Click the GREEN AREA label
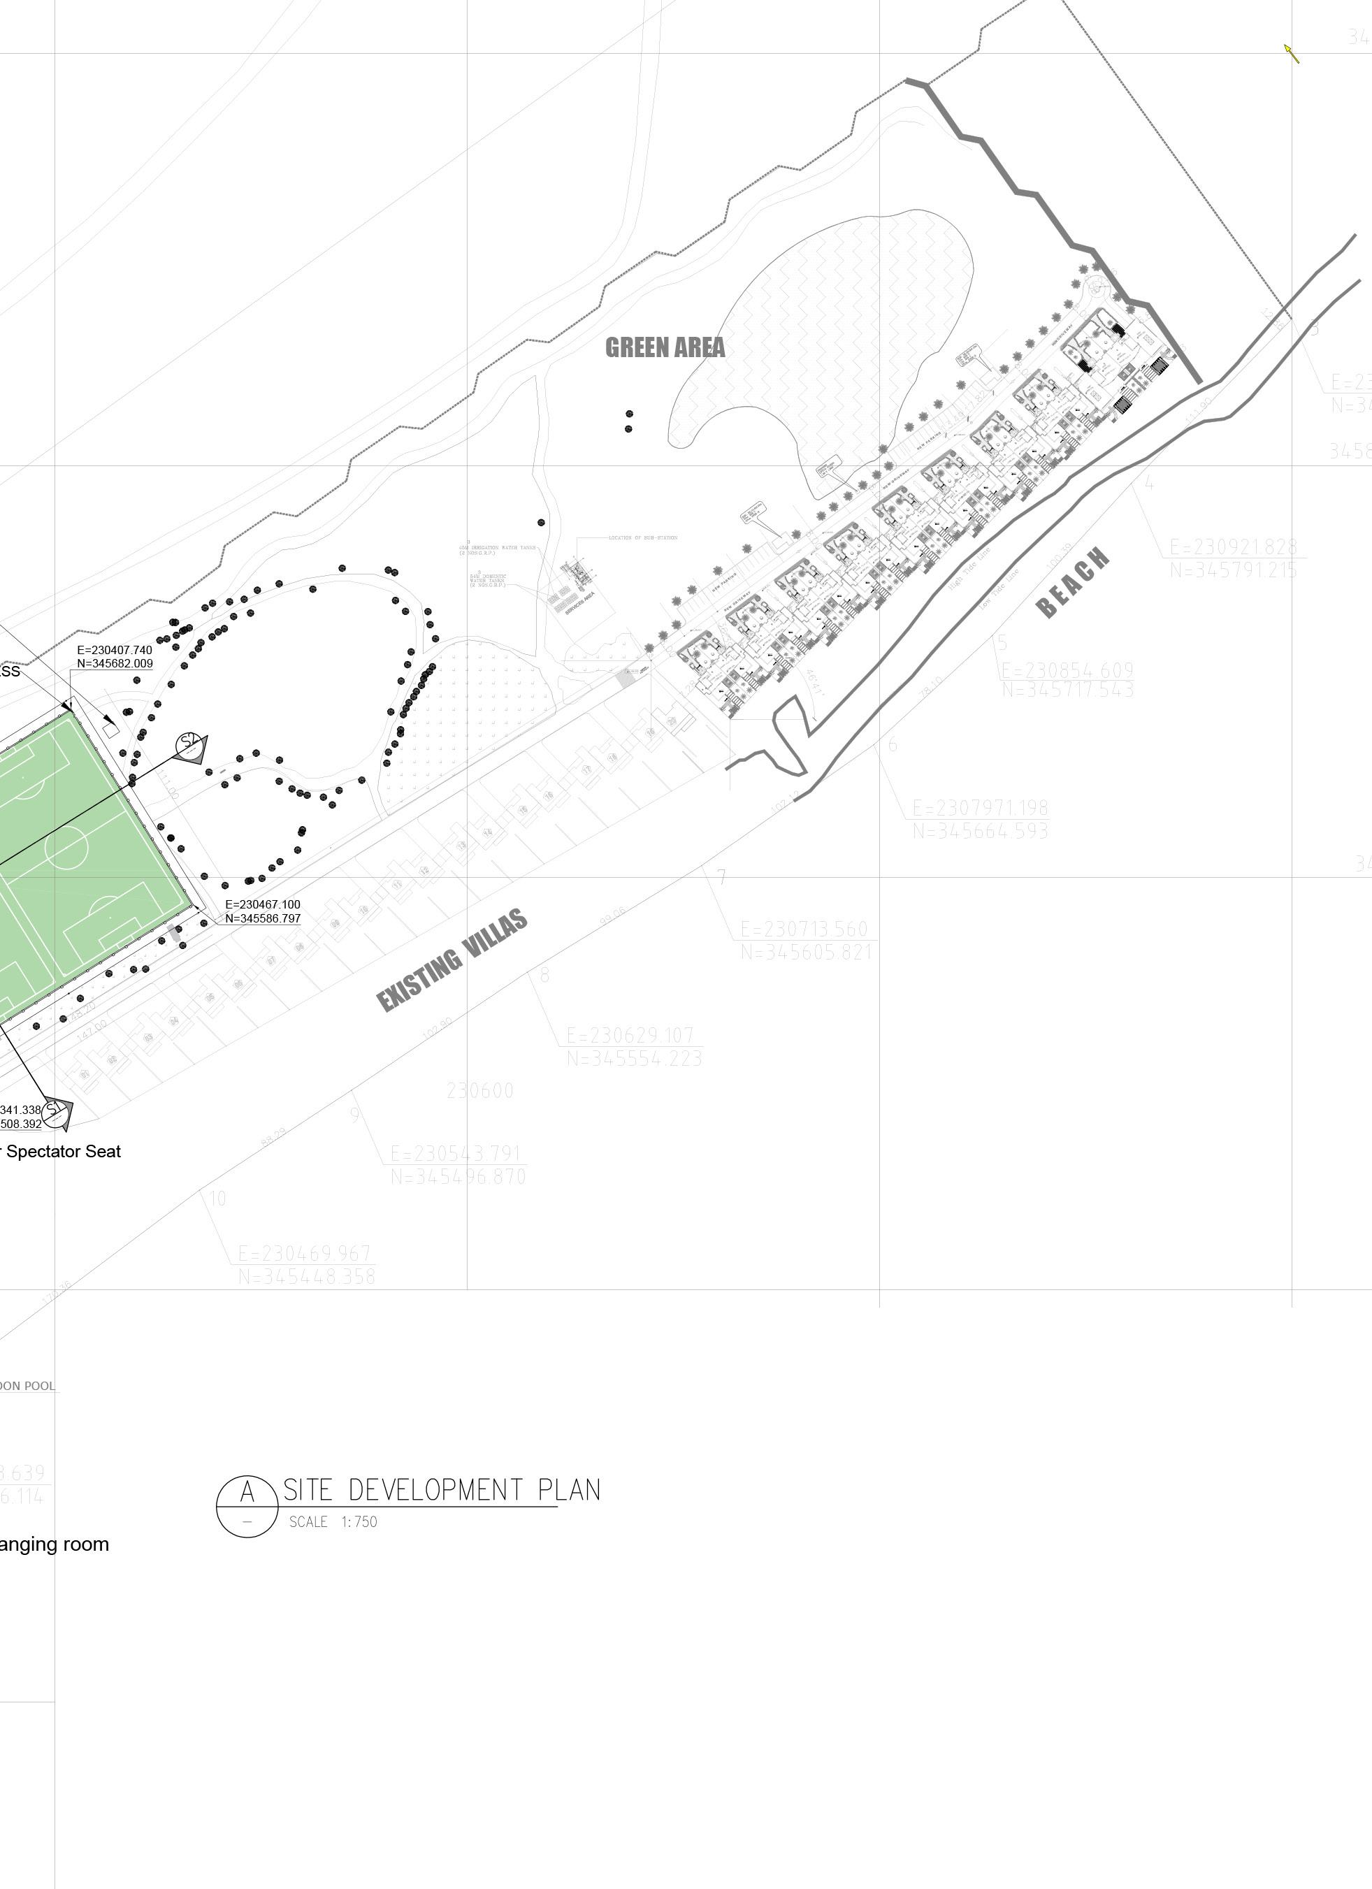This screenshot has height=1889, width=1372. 665,347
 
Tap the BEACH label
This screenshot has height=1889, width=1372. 1073,582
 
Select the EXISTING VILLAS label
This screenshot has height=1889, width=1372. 452,960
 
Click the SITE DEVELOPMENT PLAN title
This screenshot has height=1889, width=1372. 442,1489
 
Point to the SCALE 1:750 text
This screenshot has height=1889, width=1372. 333,1521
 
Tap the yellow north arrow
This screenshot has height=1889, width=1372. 1291,53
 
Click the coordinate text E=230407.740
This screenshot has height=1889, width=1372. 115,650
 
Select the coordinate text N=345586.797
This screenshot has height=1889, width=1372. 262,919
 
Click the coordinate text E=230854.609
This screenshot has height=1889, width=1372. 1067,670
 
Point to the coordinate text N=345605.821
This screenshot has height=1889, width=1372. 807,951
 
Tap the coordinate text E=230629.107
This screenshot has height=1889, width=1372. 630,1035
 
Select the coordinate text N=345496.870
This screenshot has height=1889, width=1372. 458,1177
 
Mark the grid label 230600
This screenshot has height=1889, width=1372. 480,1090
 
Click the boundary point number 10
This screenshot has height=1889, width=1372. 217,1199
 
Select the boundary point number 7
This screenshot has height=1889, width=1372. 721,877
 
